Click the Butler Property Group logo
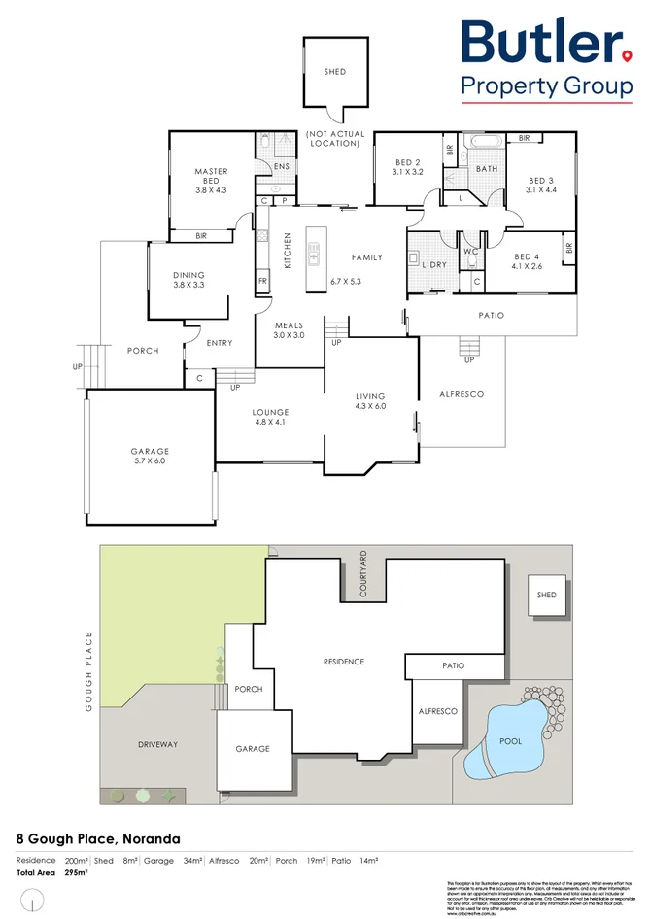point(546,58)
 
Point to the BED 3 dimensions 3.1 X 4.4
point(540,190)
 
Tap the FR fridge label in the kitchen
point(262,282)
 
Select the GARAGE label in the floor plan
point(150,451)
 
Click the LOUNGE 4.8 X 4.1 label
point(270,418)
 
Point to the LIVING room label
point(370,396)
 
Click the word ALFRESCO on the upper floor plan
point(462,394)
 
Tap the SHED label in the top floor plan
point(334,72)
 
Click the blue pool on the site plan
point(507,738)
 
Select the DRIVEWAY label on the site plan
point(157,744)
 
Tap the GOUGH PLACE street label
point(87,671)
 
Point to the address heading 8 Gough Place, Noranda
point(98,837)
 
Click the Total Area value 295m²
point(76,873)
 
